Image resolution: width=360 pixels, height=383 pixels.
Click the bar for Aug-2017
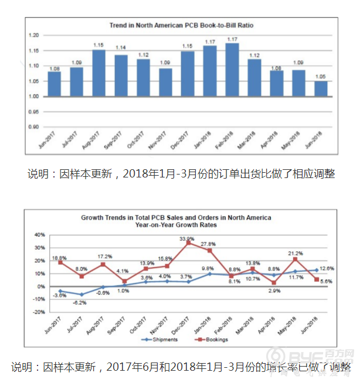coord(99,73)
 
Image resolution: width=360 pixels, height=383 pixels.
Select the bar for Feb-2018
coord(232,70)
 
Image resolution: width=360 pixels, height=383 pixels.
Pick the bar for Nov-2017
coord(165,82)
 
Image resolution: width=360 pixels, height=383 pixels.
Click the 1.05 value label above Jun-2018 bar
coord(321,77)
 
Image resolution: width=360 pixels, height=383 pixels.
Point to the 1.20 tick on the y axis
coord(33,36)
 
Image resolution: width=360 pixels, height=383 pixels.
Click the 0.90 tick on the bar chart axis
coord(33,126)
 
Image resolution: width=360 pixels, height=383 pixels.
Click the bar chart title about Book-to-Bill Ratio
coord(182,26)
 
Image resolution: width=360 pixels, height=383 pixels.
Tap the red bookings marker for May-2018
coord(296,259)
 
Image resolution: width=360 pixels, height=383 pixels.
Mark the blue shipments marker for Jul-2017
coord(82,295)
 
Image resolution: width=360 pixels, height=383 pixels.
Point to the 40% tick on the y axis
coord(40,235)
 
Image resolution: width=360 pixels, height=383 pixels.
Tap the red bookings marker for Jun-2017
coord(60,262)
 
